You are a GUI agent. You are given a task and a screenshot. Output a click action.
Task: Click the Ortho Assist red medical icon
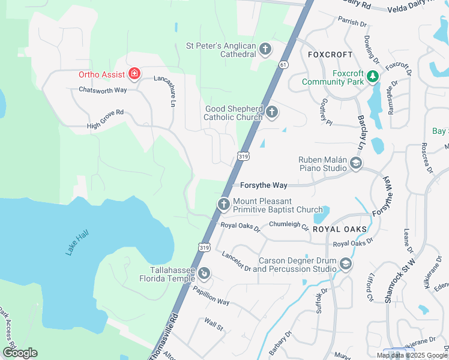click(x=135, y=74)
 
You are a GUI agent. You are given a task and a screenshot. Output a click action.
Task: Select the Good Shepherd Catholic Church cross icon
click(x=272, y=112)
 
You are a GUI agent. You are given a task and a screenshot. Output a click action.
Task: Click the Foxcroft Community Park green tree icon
click(x=373, y=76)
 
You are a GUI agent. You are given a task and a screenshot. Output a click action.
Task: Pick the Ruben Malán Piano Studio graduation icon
click(x=356, y=163)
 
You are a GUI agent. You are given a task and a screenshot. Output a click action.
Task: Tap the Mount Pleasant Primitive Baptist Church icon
click(x=223, y=205)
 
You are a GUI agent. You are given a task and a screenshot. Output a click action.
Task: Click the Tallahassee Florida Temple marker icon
click(x=204, y=274)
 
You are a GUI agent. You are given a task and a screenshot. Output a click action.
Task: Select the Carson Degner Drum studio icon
click(x=345, y=264)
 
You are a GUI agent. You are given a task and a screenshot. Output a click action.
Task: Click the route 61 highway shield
click(x=284, y=64)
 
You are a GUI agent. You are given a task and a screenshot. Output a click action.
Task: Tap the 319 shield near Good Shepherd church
click(x=243, y=156)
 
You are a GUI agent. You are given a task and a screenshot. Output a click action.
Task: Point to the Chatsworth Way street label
click(x=103, y=90)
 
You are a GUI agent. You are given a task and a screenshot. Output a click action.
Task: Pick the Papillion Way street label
click(x=211, y=295)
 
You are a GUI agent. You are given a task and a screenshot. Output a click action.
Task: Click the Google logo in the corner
click(x=20, y=353)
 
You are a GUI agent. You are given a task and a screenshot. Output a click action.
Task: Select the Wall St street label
click(x=213, y=326)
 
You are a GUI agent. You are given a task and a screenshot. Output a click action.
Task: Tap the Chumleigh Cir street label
click(x=288, y=226)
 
